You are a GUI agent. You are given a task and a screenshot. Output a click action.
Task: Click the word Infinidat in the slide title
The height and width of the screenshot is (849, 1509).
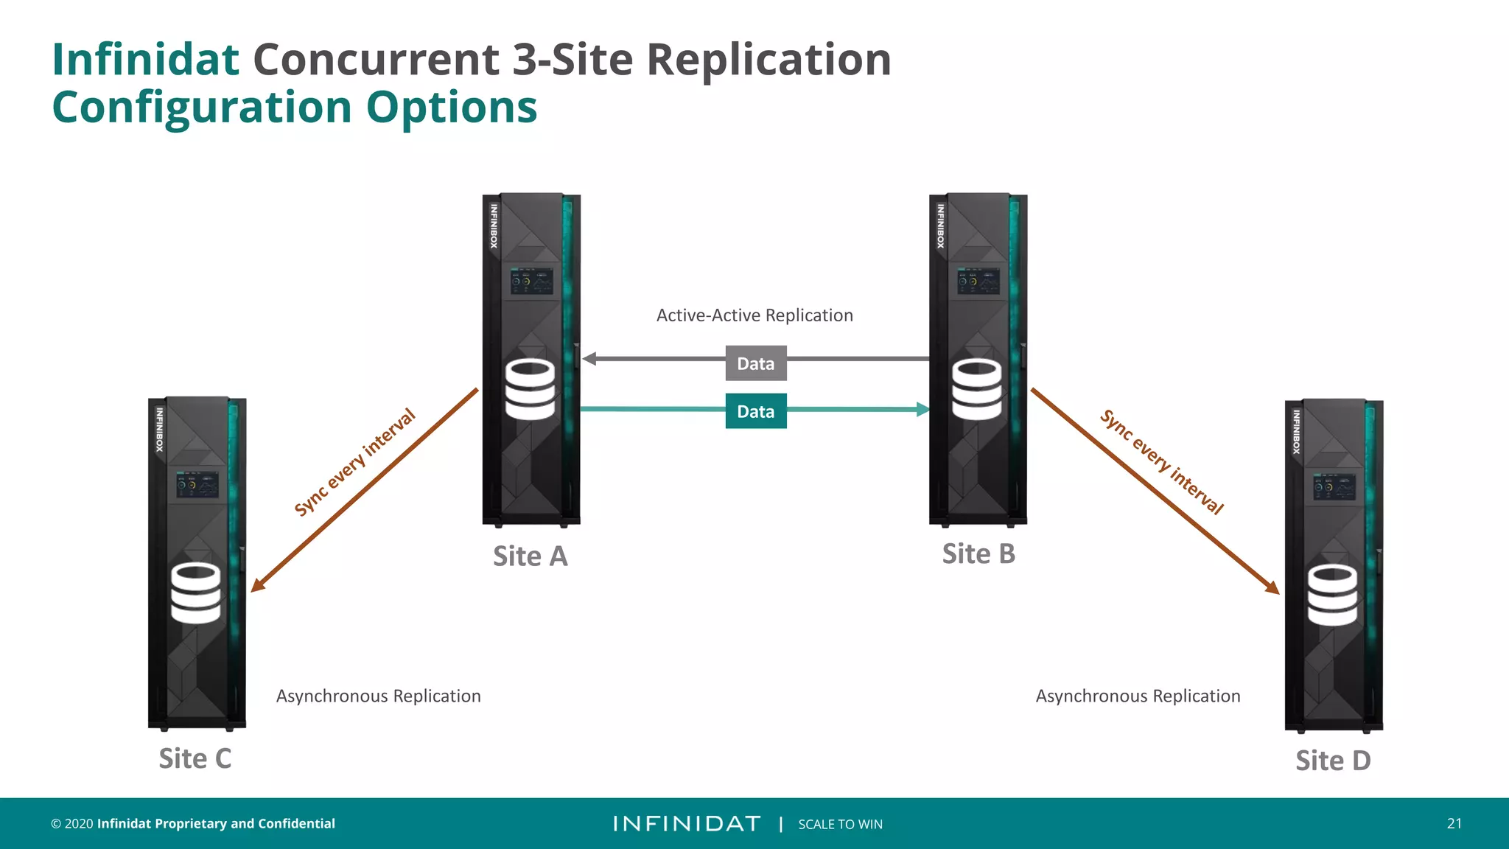(x=145, y=59)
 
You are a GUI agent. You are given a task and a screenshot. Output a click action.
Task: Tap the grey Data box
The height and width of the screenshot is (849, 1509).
(x=756, y=363)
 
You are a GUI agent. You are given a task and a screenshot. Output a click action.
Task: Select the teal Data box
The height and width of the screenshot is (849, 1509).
(x=756, y=411)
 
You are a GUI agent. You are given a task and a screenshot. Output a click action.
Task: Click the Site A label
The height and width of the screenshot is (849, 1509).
(x=530, y=556)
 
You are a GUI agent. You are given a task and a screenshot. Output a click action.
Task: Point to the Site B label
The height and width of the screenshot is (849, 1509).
(x=978, y=554)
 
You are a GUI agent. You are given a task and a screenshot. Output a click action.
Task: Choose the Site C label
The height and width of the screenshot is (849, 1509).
(x=195, y=759)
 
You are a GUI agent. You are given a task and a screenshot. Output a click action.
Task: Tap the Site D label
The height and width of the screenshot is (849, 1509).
(x=1333, y=761)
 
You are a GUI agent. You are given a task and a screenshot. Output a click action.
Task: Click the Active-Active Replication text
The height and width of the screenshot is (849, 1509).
(x=754, y=315)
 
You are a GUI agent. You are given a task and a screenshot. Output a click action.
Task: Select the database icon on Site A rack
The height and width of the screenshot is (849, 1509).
(x=530, y=389)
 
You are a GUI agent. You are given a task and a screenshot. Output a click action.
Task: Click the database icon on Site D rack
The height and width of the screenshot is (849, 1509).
(x=1332, y=595)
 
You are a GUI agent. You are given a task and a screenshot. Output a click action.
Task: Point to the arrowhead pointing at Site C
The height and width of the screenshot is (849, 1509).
(x=257, y=585)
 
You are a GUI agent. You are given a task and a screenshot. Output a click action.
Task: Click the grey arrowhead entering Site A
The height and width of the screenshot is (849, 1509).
(x=589, y=359)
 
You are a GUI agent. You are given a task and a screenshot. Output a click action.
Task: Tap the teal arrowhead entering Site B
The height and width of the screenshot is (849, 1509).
(x=922, y=409)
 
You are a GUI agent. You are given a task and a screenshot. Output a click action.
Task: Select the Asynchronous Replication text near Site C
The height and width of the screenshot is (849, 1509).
(x=378, y=696)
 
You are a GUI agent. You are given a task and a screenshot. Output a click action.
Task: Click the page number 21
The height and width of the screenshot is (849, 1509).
(x=1454, y=824)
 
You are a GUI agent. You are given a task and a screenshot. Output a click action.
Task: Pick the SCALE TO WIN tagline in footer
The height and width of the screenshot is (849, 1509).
(x=840, y=825)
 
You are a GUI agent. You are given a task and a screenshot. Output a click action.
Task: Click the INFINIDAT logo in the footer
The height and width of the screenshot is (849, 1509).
(x=687, y=824)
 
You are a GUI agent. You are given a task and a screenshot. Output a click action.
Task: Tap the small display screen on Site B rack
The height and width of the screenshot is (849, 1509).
(x=978, y=282)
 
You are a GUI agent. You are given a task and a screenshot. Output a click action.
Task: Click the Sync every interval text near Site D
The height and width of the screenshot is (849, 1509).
(x=1162, y=461)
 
